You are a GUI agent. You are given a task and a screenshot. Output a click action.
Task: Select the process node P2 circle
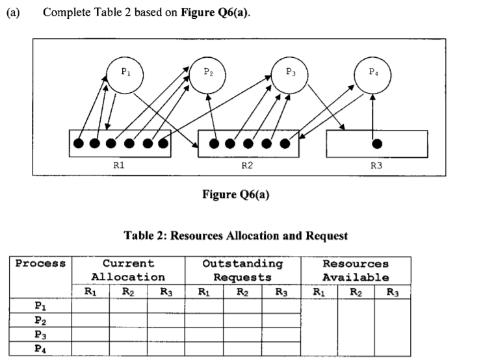207,73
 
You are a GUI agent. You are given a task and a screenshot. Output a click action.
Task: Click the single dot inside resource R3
376,143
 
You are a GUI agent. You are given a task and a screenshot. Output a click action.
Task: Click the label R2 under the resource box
247,166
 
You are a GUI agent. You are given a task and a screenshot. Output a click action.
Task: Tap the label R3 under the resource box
376,166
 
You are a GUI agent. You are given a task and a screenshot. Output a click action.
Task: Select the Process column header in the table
40,264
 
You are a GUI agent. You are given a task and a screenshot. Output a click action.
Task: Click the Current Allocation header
127,270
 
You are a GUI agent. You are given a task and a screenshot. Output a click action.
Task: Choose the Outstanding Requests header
242,270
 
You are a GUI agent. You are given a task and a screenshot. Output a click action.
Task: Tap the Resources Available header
355,270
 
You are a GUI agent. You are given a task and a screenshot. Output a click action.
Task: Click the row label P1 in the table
40,304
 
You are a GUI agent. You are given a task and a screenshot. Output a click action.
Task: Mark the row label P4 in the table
40,348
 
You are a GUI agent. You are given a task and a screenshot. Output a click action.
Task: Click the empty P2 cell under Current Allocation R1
90,319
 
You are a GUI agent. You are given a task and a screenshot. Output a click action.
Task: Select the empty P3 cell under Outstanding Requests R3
281,334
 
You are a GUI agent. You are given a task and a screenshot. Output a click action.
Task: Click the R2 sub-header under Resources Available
355,292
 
